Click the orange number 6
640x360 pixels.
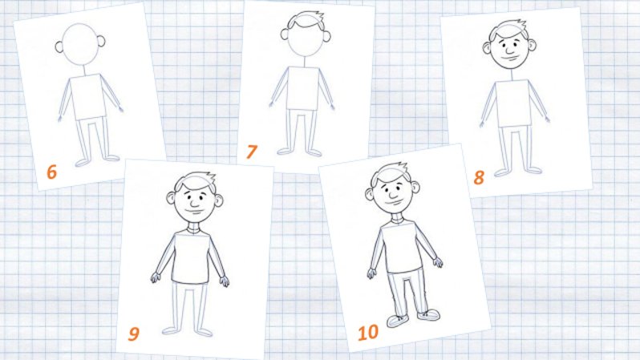(x=51, y=172)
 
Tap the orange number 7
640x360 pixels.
(x=252, y=152)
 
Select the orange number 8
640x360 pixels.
(x=479, y=177)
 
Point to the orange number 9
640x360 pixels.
(x=133, y=334)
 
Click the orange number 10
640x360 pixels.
(x=368, y=333)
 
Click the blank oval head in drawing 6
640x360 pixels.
(x=80, y=44)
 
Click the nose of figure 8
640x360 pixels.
(x=510, y=51)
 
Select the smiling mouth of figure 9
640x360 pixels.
(x=194, y=211)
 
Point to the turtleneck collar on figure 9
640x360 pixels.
(x=195, y=227)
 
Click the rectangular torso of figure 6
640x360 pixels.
(x=88, y=98)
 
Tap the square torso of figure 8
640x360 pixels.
(x=513, y=103)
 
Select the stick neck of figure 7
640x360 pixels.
(x=305, y=62)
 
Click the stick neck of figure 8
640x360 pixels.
(x=512, y=75)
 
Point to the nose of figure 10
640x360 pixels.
(x=393, y=194)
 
